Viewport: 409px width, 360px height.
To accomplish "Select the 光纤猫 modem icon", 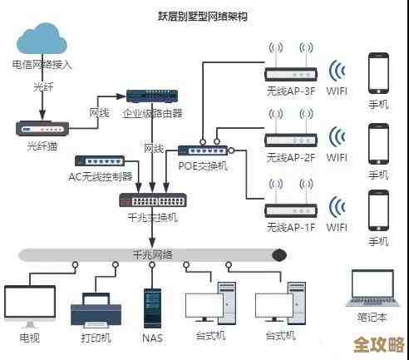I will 41,128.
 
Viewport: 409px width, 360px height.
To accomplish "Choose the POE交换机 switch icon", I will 202,150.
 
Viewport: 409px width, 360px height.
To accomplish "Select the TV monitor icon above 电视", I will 29,303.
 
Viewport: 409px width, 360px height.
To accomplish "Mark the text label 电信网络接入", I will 42,64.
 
